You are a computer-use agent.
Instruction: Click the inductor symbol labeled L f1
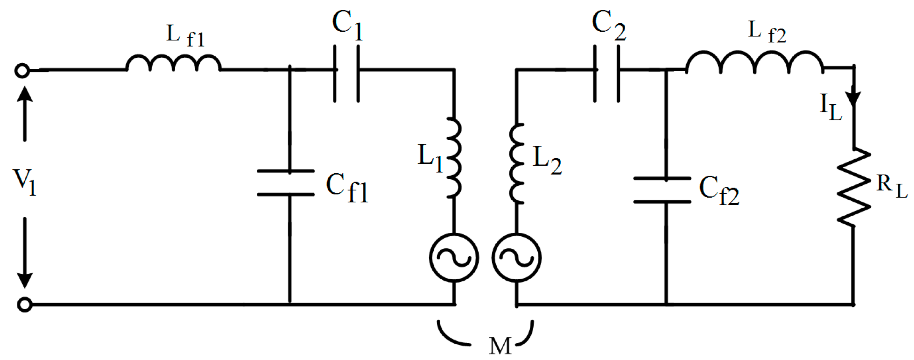point(173,64)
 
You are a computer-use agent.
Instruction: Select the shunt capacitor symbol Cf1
point(286,183)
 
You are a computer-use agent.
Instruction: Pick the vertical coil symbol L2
point(516,163)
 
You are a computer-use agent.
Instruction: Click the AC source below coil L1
point(454,258)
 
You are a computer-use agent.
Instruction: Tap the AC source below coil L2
point(516,258)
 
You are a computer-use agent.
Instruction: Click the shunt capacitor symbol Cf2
point(662,190)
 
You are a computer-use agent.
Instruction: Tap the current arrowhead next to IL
point(853,98)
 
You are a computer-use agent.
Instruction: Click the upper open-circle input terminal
point(22,71)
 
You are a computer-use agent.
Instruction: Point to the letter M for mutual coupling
point(500,346)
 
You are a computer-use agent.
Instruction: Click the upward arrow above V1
point(24,113)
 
